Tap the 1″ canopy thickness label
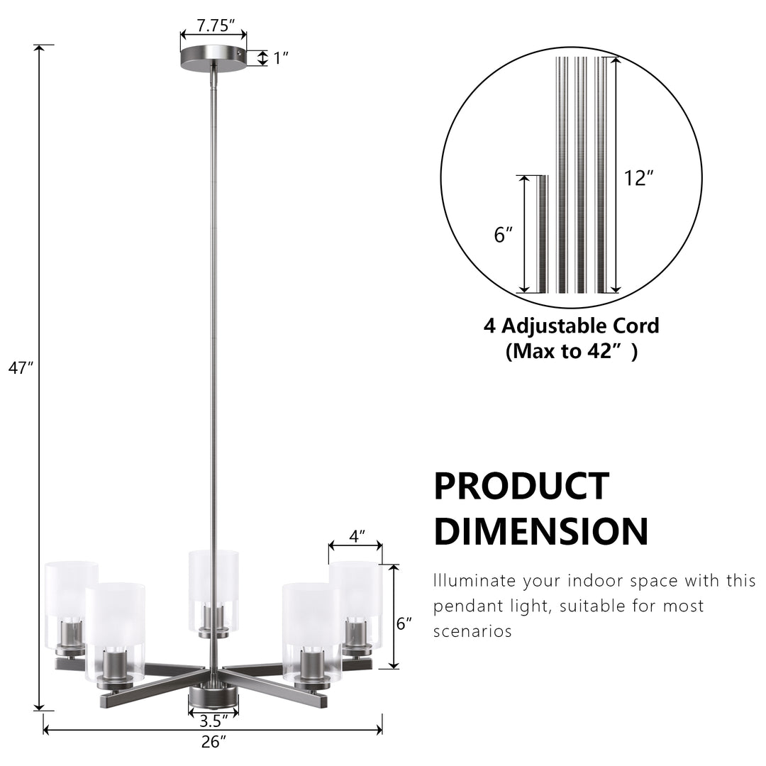(x=280, y=58)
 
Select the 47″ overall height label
(x=21, y=368)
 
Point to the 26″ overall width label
(x=214, y=742)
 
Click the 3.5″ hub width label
(x=214, y=721)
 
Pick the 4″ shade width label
(x=357, y=536)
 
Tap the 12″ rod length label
(x=638, y=178)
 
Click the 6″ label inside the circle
(x=503, y=235)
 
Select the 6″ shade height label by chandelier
(x=404, y=624)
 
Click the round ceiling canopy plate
(x=213, y=58)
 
